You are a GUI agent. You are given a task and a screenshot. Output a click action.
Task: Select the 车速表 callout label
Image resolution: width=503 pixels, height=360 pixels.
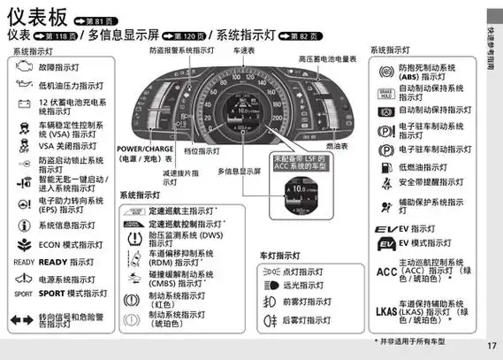243,52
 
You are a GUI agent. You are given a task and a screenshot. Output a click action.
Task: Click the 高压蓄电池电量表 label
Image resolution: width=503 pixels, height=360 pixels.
327,58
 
